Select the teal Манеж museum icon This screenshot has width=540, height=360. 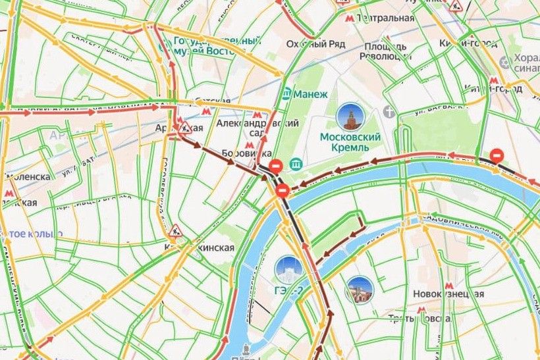pyautogui.click(x=286, y=94)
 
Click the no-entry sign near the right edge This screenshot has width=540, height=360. pyautogui.click(x=499, y=155)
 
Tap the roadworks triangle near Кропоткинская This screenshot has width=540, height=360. pyautogui.click(x=175, y=230)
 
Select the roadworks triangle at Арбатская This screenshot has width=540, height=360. pyautogui.click(x=186, y=125)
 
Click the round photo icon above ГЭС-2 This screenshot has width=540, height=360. pyautogui.click(x=288, y=269)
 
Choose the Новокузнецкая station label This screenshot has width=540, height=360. pyautogui.click(x=448, y=294)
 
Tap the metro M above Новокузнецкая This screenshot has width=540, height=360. pyautogui.click(x=449, y=285)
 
